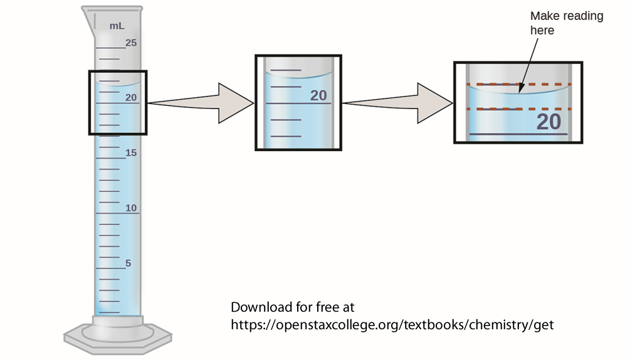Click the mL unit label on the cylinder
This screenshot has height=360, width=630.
click(117, 26)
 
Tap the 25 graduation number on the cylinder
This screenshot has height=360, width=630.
click(130, 43)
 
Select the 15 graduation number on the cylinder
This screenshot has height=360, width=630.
click(130, 152)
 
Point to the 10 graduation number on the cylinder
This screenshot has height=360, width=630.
click(130, 208)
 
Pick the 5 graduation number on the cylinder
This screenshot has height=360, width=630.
click(128, 263)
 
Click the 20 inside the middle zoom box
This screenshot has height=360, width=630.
click(318, 95)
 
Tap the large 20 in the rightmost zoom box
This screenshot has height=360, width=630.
click(549, 122)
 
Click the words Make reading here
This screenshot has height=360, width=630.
click(566, 23)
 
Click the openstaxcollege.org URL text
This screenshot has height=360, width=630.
click(392, 325)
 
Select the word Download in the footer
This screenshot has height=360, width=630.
click(260, 307)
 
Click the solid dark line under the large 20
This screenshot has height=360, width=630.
click(518, 134)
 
